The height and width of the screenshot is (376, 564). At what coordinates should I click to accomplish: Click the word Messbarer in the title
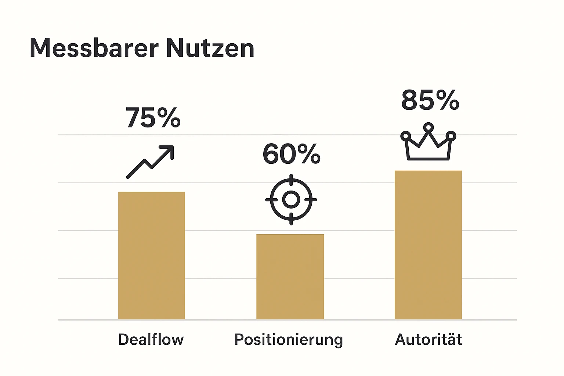(x=94, y=48)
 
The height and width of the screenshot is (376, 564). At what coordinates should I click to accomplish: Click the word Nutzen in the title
(x=210, y=48)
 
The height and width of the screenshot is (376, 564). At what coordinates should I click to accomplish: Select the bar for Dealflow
(x=152, y=255)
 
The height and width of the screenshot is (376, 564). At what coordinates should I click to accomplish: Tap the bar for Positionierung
(x=290, y=276)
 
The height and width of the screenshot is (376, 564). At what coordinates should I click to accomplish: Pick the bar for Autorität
(x=428, y=245)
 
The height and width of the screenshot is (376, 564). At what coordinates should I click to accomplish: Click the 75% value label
(x=153, y=118)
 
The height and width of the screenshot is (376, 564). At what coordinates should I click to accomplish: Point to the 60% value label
(x=292, y=154)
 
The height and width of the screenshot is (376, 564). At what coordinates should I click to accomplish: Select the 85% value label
(x=430, y=100)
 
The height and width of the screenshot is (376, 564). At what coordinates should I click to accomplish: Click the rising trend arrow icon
(x=150, y=162)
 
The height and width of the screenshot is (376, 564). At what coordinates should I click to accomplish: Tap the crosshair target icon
(x=291, y=199)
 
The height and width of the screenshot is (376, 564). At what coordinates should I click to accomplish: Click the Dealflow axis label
(x=151, y=339)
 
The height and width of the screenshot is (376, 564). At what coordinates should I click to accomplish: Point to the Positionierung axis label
(x=289, y=340)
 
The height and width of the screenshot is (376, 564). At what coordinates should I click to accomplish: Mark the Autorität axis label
(x=428, y=339)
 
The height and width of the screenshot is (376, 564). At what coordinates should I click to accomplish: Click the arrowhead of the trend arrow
(x=169, y=150)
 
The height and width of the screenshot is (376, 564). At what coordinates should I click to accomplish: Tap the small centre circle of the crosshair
(x=291, y=199)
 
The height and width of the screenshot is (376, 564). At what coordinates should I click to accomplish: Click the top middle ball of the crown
(x=428, y=127)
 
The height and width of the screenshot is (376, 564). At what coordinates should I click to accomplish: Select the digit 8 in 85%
(x=411, y=100)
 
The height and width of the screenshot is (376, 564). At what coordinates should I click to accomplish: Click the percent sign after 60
(x=309, y=154)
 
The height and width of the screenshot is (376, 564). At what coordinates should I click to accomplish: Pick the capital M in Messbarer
(x=40, y=48)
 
